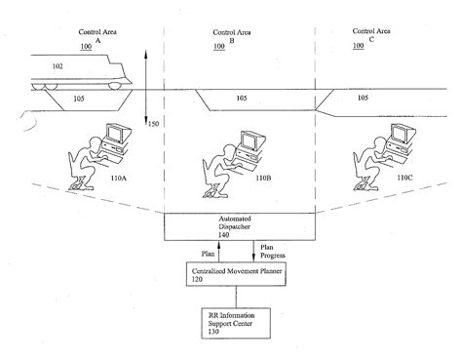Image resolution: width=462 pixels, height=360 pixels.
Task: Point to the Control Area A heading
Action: pos(97,37)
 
